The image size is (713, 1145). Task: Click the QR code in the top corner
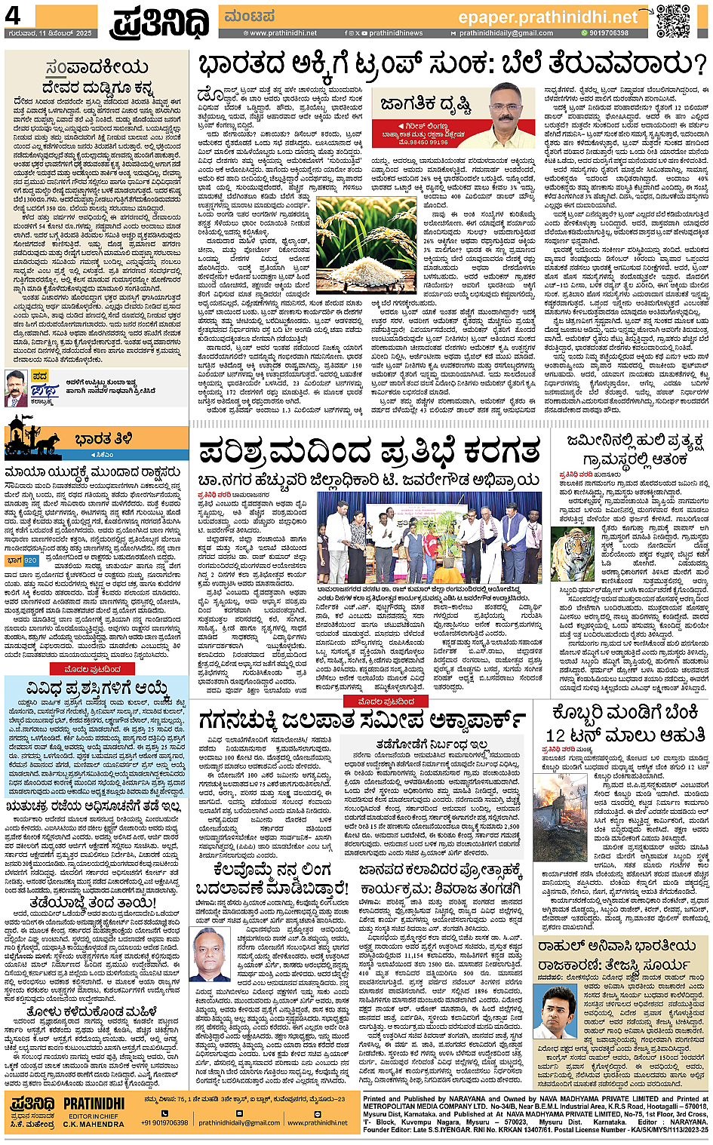[x=672, y=21]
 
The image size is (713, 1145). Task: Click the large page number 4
[x=14, y=15]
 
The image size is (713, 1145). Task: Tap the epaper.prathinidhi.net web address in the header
[x=548, y=17]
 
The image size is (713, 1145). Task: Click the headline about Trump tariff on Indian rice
[x=451, y=66]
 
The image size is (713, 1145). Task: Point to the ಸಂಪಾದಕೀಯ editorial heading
[x=97, y=68]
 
